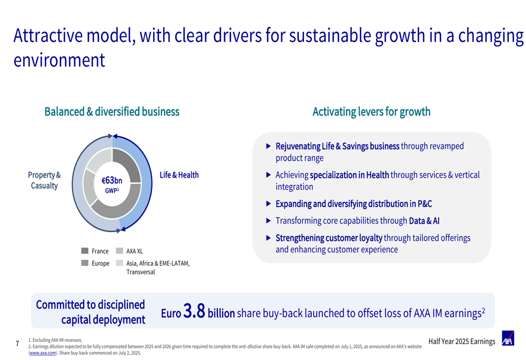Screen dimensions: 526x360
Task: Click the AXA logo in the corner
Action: [x=508, y=338]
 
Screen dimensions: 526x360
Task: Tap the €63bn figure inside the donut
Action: [x=112, y=181]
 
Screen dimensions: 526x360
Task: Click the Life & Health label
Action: [x=179, y=175]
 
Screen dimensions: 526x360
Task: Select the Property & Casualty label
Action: [x=44, y=180]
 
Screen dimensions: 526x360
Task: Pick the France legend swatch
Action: [x=85, y=251]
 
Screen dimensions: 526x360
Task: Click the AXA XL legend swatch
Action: [x=119, y=251]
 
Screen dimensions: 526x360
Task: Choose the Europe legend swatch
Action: [x=85, y=263]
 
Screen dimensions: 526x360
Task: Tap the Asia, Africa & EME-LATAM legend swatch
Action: [x=119, y=263]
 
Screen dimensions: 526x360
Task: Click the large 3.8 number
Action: [x=194, y=311]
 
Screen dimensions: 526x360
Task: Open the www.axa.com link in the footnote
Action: [x=43, y=353]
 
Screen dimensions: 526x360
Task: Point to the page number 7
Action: [x=17, y=344]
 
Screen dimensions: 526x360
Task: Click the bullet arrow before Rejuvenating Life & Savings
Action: [x=268, y=146]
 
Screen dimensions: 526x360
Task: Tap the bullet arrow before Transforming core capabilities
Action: [x=268, y=221]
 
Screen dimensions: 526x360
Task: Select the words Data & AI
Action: [x=424, y=221]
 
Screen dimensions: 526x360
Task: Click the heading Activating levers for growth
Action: [x=371, y=111]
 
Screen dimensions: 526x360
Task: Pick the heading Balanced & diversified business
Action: [x=112, y=111]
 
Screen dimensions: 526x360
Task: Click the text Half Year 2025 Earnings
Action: [x=462, y=342]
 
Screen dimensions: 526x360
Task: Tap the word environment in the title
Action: [x=59, y=60]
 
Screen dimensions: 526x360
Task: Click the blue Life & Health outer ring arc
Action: [x=148, y=183]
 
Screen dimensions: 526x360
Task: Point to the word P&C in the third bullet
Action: [x=425, y=204]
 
